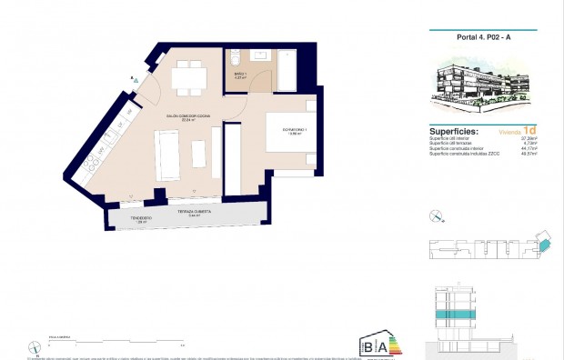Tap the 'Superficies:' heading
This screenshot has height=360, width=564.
[454, 131]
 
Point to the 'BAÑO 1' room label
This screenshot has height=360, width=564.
[241, 74]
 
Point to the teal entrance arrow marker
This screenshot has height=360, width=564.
[136, 80]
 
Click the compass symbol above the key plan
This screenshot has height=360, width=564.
[436, 215]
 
